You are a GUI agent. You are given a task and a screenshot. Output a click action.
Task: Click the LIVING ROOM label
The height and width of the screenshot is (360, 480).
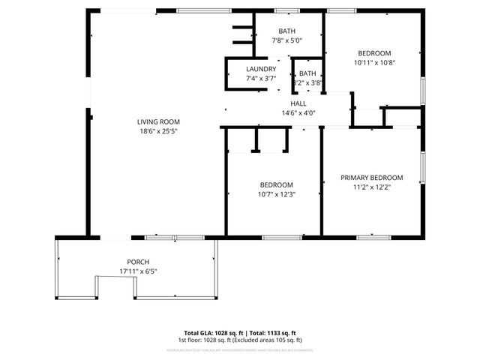click(158, 121)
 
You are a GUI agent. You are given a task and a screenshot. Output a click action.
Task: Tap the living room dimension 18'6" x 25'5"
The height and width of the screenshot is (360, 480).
click(158, 131)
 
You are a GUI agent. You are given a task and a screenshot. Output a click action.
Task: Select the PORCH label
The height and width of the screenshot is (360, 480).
click(137, 262)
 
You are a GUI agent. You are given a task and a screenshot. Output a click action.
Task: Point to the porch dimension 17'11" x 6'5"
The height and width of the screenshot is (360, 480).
click(137, 271)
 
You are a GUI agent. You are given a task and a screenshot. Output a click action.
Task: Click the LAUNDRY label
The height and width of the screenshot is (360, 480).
click(261, 69)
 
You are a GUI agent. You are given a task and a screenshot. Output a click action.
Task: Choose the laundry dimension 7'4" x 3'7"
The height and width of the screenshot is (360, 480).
click(261, 78)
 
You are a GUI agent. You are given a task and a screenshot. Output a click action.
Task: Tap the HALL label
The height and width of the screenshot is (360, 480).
click(298, 103)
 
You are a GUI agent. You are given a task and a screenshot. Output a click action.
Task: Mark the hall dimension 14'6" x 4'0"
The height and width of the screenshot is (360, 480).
click(298, 113)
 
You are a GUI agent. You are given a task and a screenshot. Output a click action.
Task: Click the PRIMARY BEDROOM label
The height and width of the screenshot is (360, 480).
click(371, 178)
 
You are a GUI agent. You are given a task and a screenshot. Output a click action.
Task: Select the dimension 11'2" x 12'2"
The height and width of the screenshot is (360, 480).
click(371, 187)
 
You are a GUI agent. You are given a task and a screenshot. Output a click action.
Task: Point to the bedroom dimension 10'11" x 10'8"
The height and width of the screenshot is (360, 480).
click(374, 63)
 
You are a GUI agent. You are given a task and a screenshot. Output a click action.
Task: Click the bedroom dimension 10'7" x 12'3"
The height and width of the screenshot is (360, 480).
click(277, 194)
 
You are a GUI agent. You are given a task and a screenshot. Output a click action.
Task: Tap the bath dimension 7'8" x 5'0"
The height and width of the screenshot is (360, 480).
click(287, 41)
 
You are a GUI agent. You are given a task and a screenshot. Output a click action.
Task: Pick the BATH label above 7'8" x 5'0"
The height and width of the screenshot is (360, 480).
click(287, 31)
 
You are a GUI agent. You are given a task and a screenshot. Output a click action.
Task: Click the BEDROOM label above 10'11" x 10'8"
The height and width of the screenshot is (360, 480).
click(374, 53)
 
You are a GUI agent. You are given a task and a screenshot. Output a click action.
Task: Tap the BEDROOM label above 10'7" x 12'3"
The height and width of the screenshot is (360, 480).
click(277, 184)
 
